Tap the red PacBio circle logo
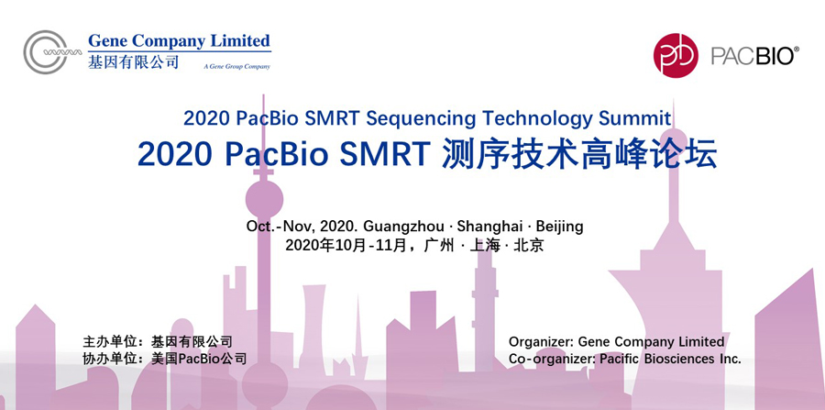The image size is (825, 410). click(676, 55)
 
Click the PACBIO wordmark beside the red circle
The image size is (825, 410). click(755, 55)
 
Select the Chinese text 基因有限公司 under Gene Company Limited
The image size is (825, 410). click(134, 61)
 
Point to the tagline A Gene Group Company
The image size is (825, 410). click(236, 67)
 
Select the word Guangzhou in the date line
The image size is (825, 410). click(404, 227)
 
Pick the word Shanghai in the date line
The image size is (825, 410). click(489, 227)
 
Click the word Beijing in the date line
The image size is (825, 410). click(560, 227)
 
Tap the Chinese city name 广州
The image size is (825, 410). click(438, 246)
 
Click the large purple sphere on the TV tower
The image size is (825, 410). click(264, 199)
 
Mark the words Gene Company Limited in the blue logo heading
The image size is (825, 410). click(179, 41)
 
